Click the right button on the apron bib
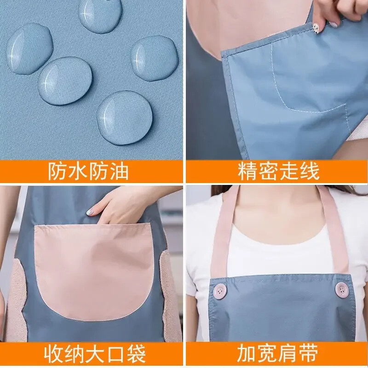(341, 289)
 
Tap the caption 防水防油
(88, 171)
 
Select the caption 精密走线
(279, 171)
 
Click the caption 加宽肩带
(277, 353)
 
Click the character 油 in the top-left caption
(119, 171)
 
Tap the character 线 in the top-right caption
(310, 171)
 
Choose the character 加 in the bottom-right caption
(247, 353)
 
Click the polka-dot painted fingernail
(317, 29)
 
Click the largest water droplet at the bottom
(125, 117)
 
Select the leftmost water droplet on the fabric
(29, 49)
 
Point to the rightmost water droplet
(154, 58)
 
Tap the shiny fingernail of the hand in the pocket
(90, 212)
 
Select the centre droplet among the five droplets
(65, 80)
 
